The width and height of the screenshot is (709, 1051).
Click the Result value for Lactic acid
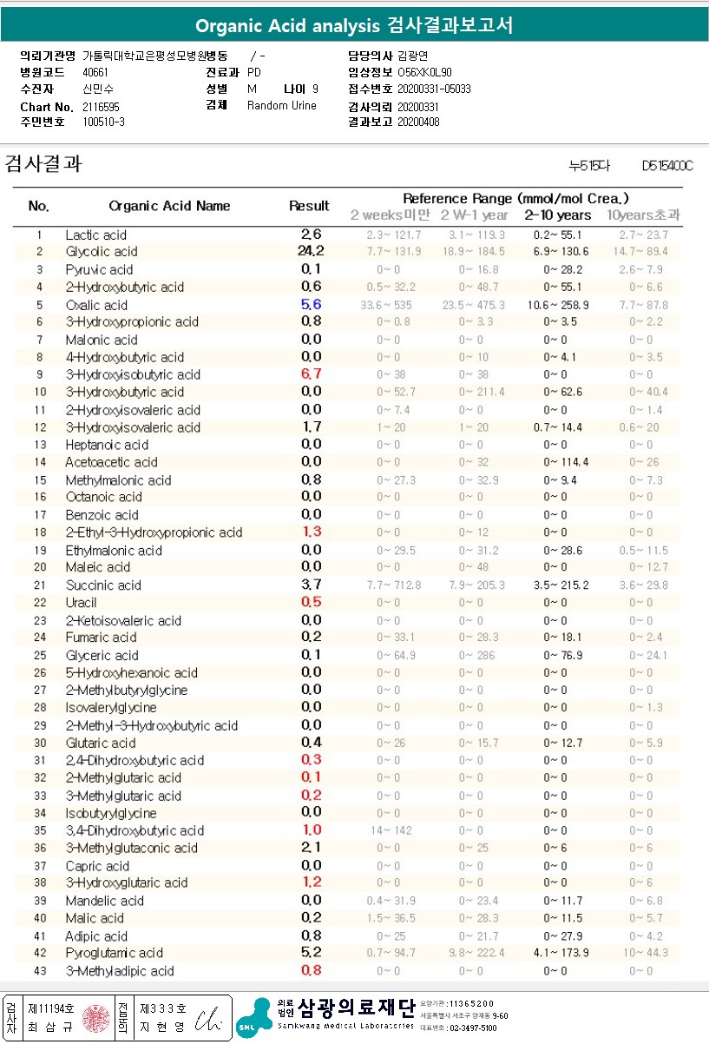(311, 235)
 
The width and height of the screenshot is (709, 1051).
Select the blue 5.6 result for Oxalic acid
(311, 305)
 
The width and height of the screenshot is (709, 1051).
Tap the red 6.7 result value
(311, 374)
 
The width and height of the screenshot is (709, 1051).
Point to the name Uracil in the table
(81, 603)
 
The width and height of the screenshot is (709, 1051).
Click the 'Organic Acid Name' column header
(169, 206)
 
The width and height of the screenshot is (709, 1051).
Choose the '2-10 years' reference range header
(557, 215)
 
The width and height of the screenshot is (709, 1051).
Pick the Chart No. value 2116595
(102, 106)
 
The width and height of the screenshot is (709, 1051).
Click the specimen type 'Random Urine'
(282, 106)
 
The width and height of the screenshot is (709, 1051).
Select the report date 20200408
(418, 122)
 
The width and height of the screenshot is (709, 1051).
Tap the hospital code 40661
(95, 73)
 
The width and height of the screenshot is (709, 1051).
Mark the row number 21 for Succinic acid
(39, 585)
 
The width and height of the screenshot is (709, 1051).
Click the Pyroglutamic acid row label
(114, 953)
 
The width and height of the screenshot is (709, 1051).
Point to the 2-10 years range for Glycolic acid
(557, 252)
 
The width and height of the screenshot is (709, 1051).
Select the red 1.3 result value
(311, 532)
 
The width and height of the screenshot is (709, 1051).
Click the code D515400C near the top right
(667, 165)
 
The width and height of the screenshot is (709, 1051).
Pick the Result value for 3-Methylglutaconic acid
(311, 848)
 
